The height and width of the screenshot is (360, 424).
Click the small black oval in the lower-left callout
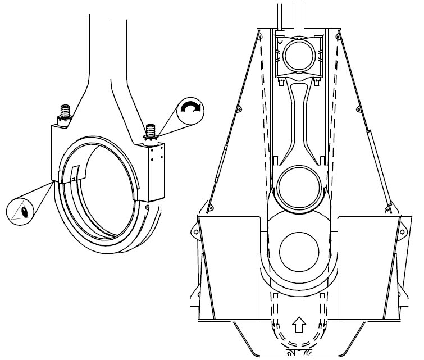pos(25,212)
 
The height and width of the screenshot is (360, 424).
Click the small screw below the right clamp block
pos(148,207)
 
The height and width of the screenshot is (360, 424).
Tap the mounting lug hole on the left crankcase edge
pos(195,227)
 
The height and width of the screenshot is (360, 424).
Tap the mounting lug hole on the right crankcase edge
pos(403,227)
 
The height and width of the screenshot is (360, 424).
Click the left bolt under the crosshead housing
pos(280,83)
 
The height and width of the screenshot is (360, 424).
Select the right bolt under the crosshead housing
pos(318,83)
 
